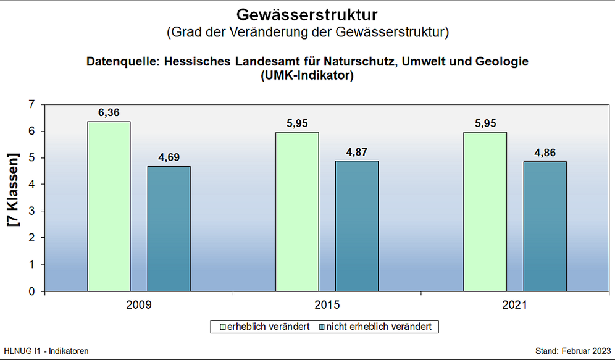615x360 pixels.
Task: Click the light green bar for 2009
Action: point(109,206)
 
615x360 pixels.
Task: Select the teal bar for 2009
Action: point(169,228)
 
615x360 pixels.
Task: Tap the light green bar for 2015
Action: point(297,212)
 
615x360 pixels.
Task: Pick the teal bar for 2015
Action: point(357,226)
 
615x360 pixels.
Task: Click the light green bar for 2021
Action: point(485,212)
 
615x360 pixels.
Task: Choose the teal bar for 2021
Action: point(545,226)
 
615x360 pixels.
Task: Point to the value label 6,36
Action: point(109,113)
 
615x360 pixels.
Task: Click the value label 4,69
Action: point(169,157)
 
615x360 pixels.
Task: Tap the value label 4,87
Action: point(357,153)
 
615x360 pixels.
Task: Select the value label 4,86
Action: point(545,153)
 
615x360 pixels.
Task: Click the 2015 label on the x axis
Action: point(327,305)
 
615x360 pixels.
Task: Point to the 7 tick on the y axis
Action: point(32,105)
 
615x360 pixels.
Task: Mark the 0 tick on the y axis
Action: point(32,291)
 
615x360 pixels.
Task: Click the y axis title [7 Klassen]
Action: point(13,190)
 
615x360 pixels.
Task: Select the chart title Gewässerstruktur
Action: point(307,14)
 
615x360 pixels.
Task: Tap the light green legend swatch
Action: point(215,326)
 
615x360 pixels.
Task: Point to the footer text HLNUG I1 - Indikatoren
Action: point(46,351)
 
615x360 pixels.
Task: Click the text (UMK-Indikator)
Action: point(307,76)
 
